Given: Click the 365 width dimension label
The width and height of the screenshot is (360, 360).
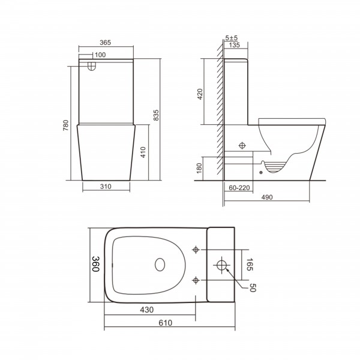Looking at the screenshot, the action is point(106,43).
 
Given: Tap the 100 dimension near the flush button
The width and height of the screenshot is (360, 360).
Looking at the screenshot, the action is point(100,55).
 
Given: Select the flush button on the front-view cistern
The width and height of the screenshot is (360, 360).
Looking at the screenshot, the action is point(92,65).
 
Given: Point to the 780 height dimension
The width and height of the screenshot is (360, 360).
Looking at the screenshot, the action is point(66,125).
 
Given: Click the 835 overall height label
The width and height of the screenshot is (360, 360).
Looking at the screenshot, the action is point(156,115).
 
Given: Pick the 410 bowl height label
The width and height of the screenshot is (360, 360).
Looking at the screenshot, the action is point(143,152).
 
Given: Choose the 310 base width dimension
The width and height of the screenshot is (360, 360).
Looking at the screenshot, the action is point(106,187).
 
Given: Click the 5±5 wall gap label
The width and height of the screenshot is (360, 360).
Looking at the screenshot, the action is point(231,38).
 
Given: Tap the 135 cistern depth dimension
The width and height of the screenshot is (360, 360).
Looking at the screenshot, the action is point(235,45).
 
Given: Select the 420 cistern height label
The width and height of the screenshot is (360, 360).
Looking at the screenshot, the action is point(200,94).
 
